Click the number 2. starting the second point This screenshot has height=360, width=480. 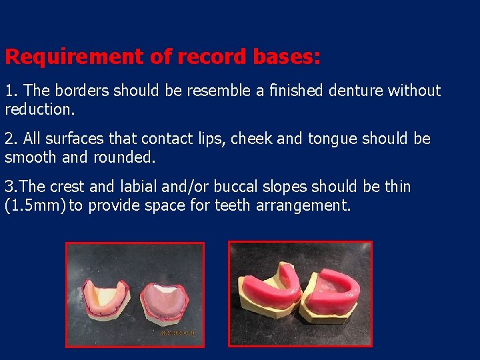[x=11, y=139]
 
